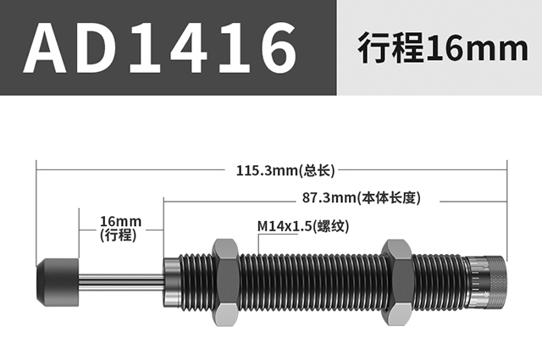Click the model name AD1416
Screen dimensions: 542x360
point(160,47)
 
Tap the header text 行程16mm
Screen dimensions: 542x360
point(443,47)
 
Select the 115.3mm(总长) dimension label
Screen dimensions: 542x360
point(285,170)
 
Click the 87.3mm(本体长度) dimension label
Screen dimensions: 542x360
point(362,198)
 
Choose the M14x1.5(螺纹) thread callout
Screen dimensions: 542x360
point(303,226)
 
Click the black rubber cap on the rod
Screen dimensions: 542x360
point(58,283)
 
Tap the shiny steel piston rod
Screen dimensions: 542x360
point(122,283)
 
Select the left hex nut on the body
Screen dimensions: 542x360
point(224,283)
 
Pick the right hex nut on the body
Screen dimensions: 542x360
point(397,283)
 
